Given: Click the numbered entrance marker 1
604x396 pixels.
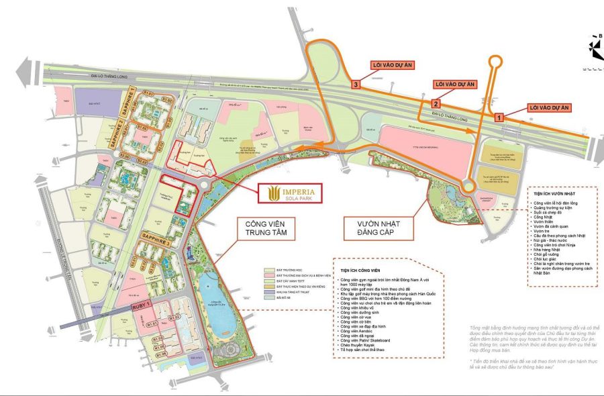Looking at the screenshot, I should click(x=499, y=117).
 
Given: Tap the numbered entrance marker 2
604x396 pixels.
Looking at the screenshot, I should click(x=436, y=103).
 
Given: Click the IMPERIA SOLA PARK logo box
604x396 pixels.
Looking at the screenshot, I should click(x=290, y=193).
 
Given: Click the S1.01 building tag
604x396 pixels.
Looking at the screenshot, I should click(x=149, y=93).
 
